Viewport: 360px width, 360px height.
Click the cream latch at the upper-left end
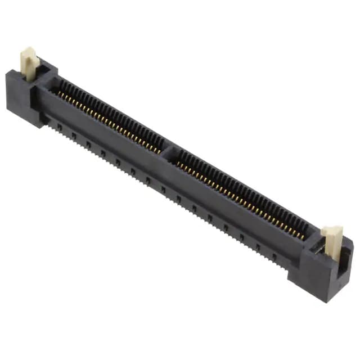tap(29, 62)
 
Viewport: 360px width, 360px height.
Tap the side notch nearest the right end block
tap(274, 258)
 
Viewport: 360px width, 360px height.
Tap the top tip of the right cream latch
tap(332, 229)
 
